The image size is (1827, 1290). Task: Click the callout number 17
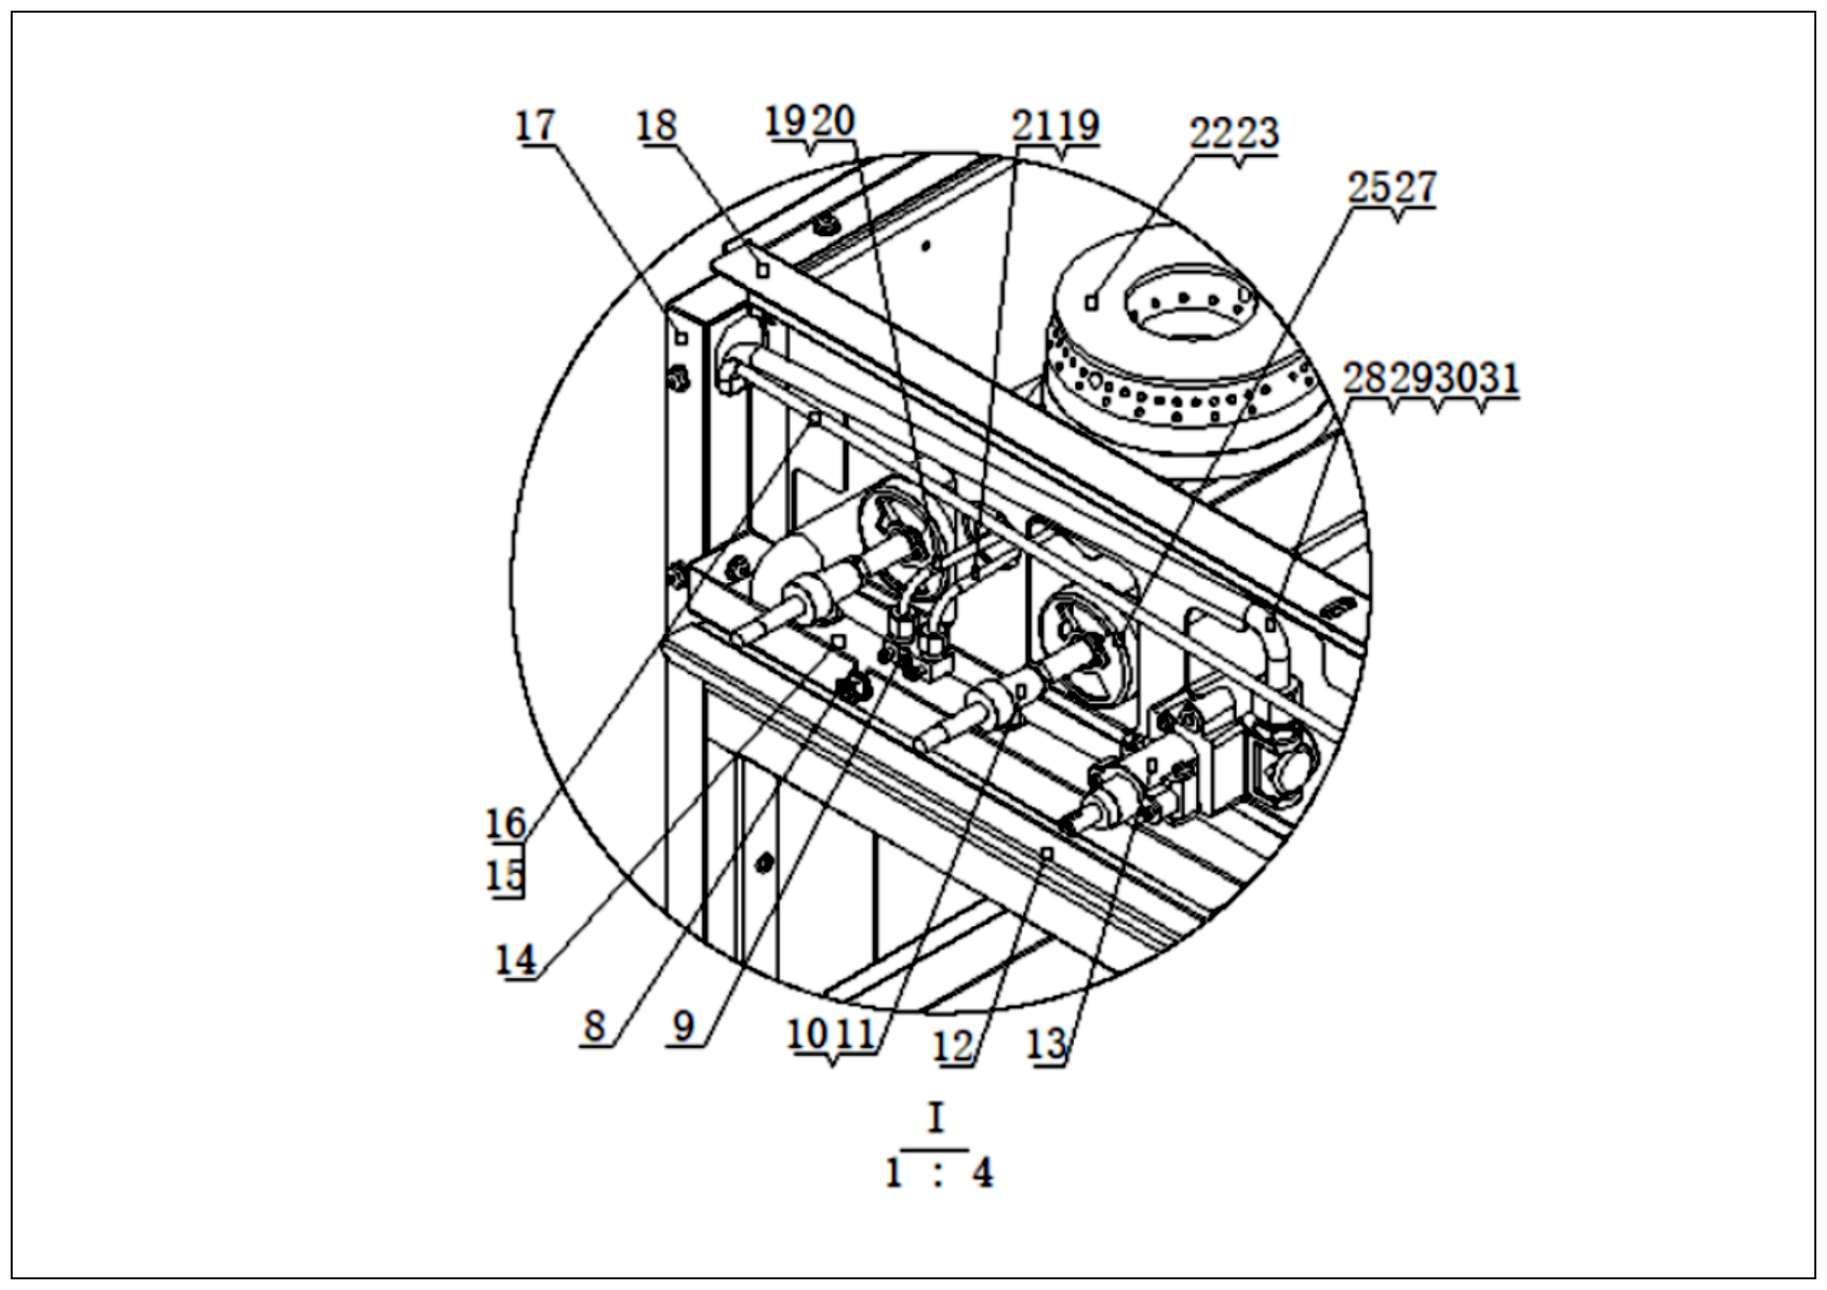point(534,126)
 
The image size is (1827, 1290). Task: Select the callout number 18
point(655,126)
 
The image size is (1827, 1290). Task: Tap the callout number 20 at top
point(834,122)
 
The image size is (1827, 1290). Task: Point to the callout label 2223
point(1233,133)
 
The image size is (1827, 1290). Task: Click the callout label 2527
point(1391,189)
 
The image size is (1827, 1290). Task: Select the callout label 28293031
point(1430,378)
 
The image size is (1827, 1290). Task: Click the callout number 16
point(506,823)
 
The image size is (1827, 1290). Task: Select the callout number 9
point(684,1027)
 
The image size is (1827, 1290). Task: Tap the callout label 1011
point(831,1036)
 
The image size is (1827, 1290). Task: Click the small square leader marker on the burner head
point(1092,302)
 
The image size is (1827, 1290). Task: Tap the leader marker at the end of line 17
point(681,338)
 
